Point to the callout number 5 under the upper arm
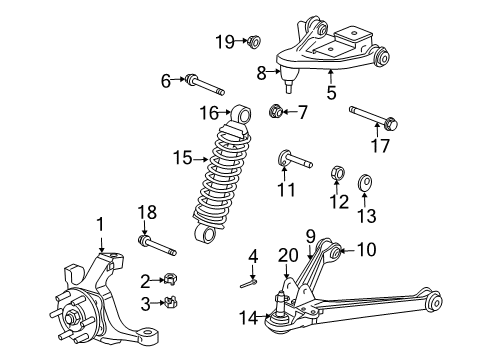click(331, 95)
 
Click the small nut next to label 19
click(253, 42)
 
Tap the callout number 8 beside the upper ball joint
click(262, 72)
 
